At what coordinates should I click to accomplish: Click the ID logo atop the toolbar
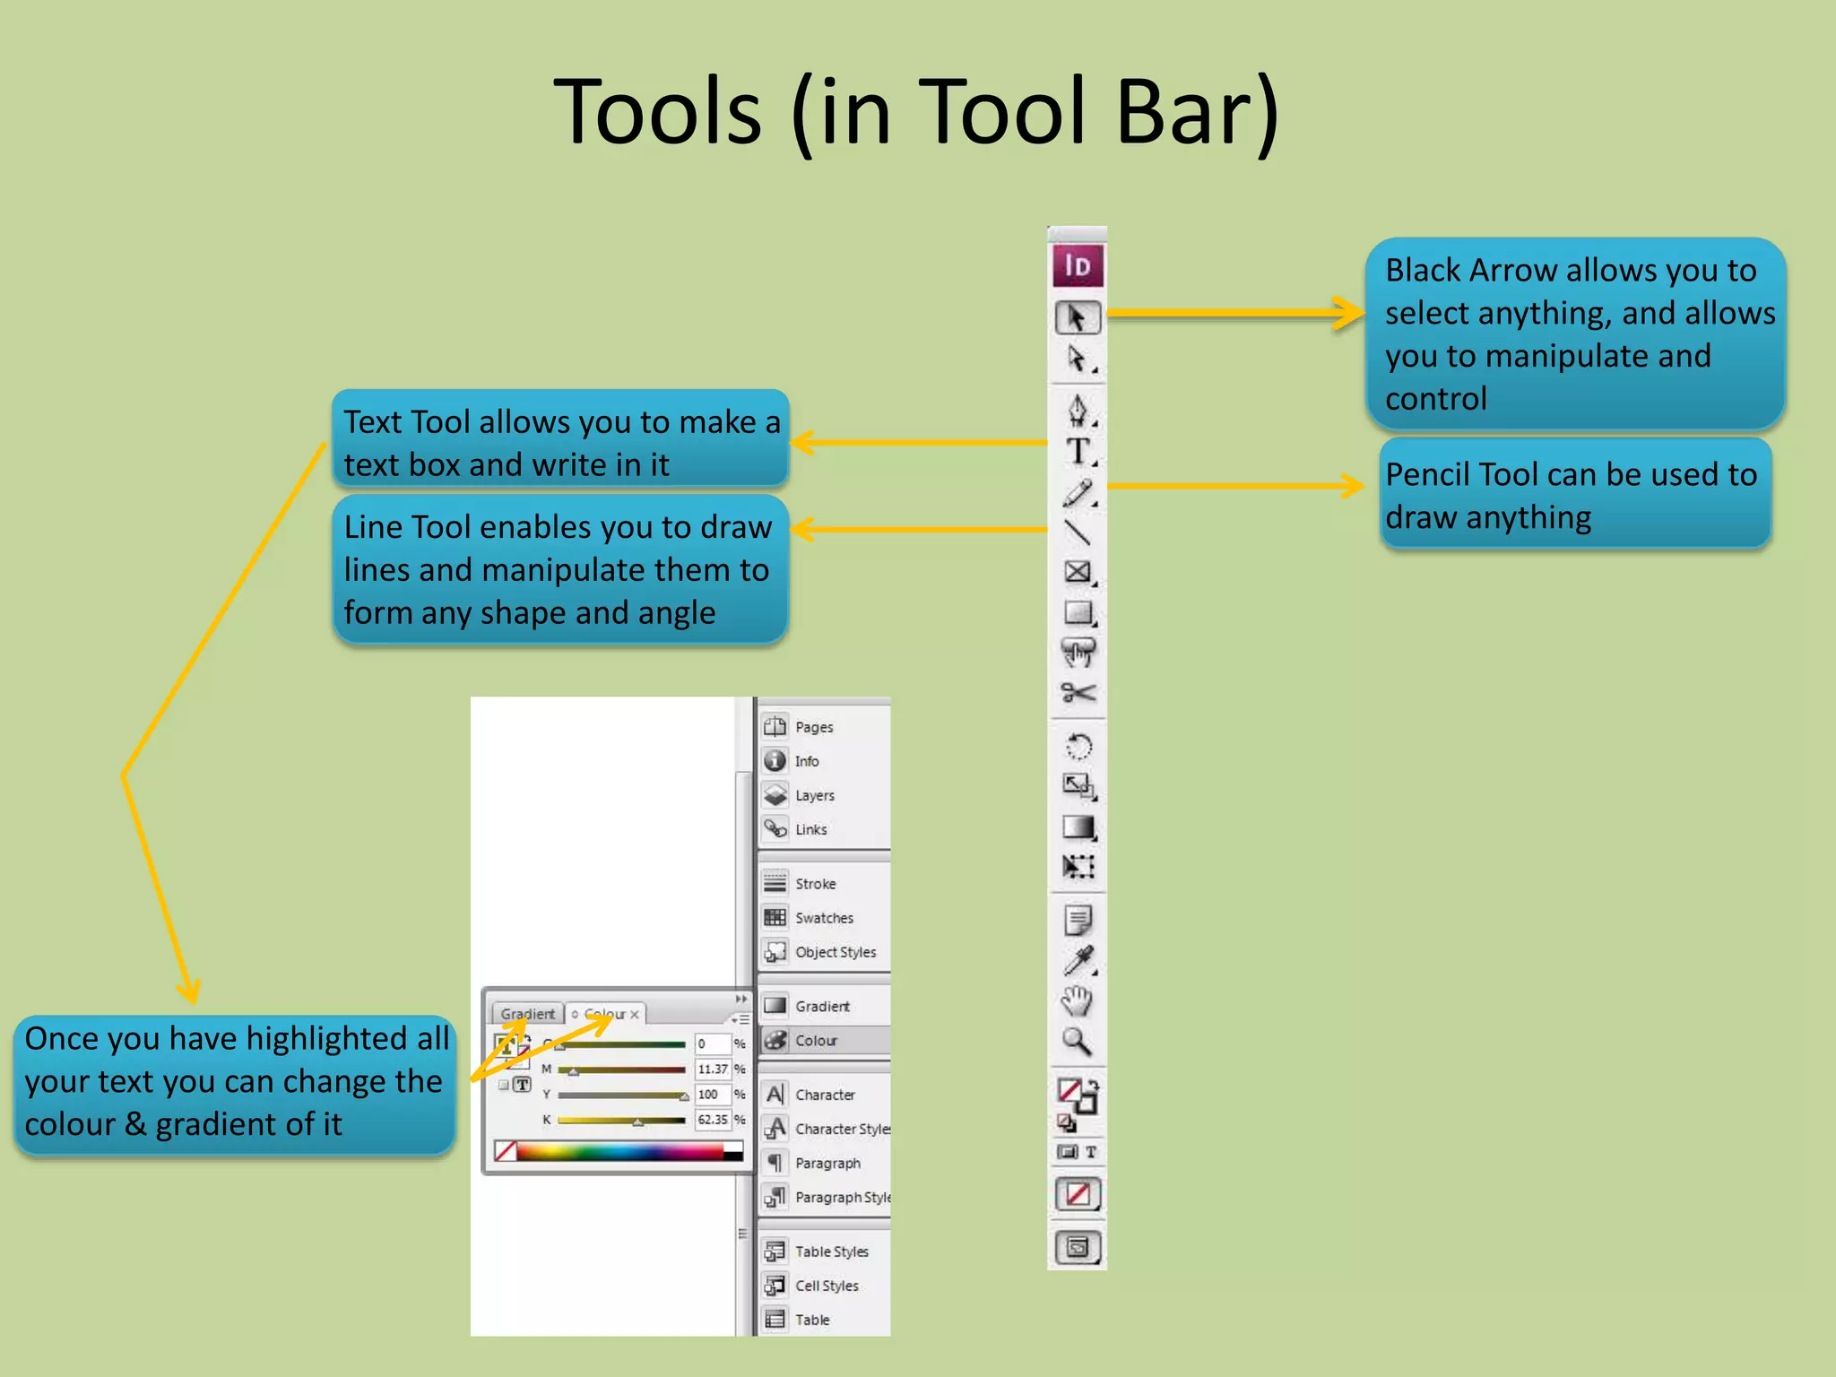point(1077,266)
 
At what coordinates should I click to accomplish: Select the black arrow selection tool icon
point(1077,317)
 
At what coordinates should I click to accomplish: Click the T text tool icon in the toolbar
point(1078,451)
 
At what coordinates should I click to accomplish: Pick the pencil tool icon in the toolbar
point(1078,492)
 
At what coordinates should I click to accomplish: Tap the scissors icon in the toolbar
point(1078,692)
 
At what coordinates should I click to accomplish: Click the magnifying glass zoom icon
point(1077,1041)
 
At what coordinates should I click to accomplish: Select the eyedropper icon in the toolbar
point(1078,960)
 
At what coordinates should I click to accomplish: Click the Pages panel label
point(814,727)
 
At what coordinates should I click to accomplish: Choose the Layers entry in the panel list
point(814,795)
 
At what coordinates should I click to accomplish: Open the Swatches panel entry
point(824,918)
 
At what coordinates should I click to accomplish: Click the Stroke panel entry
point(815,884)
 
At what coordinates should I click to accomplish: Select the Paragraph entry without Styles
point(827,1164)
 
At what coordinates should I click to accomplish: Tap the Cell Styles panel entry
point(827,1286)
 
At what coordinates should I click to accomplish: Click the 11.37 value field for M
point(713,1070)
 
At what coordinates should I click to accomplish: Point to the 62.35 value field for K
point(713,1120)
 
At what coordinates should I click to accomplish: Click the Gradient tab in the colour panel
point(527,1014)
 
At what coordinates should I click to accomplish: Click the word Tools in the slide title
point(657,112)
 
